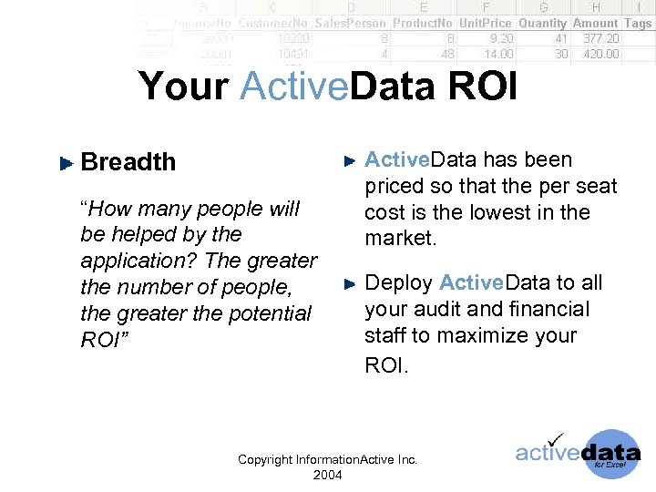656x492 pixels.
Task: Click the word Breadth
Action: (128, 162)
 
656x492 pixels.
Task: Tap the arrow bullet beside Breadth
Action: (65, 163)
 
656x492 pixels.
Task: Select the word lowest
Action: (514, 212)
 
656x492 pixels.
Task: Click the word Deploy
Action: (398, 282)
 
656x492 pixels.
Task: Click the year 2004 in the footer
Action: (327, 475)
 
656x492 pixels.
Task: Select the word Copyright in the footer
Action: (265, 459)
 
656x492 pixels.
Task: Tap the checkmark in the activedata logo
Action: (553, 439)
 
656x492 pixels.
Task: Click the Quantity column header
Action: (542, 23)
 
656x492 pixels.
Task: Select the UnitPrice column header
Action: (485, 23)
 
